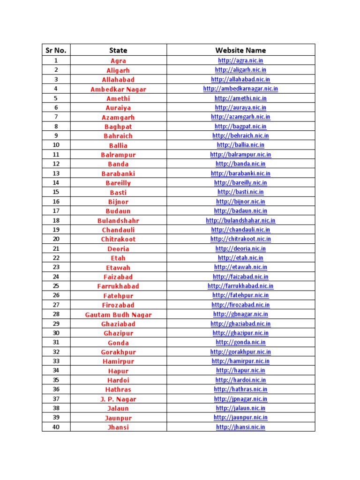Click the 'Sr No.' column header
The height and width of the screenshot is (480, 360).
pos(56,50)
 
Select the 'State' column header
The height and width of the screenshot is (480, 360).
pos(118,50)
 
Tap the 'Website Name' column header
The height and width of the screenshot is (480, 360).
pos(240,50)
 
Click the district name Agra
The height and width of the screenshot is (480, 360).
pos(118,61)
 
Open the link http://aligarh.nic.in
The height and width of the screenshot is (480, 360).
pos(240,70)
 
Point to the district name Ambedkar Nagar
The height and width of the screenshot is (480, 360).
pos(118,89)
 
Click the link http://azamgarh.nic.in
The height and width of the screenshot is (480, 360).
pos(240,117)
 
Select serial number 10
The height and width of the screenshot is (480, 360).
pos(56,145)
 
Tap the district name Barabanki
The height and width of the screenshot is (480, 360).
pos(118,173)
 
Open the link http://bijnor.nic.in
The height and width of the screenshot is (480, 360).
pos(240,202)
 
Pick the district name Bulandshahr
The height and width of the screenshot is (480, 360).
pos(118,220)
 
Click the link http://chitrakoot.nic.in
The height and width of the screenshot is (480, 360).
pos(240,239)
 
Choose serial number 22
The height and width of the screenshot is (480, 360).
pos(56,258)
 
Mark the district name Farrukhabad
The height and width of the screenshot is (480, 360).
pos(118,286)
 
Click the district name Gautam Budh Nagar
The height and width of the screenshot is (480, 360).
pos(118,315)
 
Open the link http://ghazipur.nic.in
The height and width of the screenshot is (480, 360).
pos(240,333)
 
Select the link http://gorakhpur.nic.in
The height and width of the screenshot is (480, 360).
pos(240,352)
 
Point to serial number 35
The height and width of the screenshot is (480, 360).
pos(56,380)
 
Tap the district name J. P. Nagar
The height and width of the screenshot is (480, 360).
pos(118,399)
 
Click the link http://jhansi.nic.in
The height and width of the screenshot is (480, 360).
pos(240,427)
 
